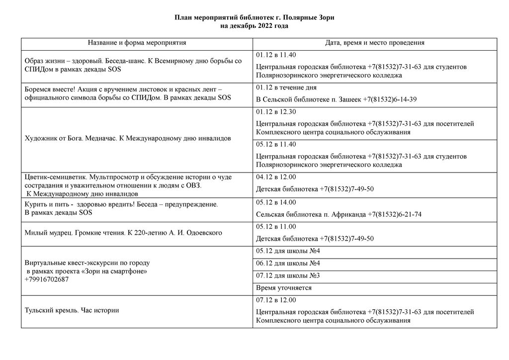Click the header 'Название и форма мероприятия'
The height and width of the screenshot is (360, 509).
(x=137, y=43)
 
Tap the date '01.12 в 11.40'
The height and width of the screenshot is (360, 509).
(x=276, y=55)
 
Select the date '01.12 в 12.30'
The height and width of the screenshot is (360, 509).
(x=276, y=112)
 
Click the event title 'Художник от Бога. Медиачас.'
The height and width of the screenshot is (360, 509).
(x=71, y=138)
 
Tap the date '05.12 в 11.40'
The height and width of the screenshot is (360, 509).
(x=276, y=145)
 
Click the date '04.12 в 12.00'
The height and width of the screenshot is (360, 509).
(x=276, y=177)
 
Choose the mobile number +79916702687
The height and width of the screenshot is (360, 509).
(x=47, y=279)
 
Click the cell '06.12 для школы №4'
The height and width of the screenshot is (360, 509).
(x=288, y=263)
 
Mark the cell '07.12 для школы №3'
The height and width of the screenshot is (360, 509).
(x=288, y=275)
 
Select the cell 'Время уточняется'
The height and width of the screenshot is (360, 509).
(x=284, y=288)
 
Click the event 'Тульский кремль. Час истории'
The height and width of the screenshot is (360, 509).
(x=72, y=311)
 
